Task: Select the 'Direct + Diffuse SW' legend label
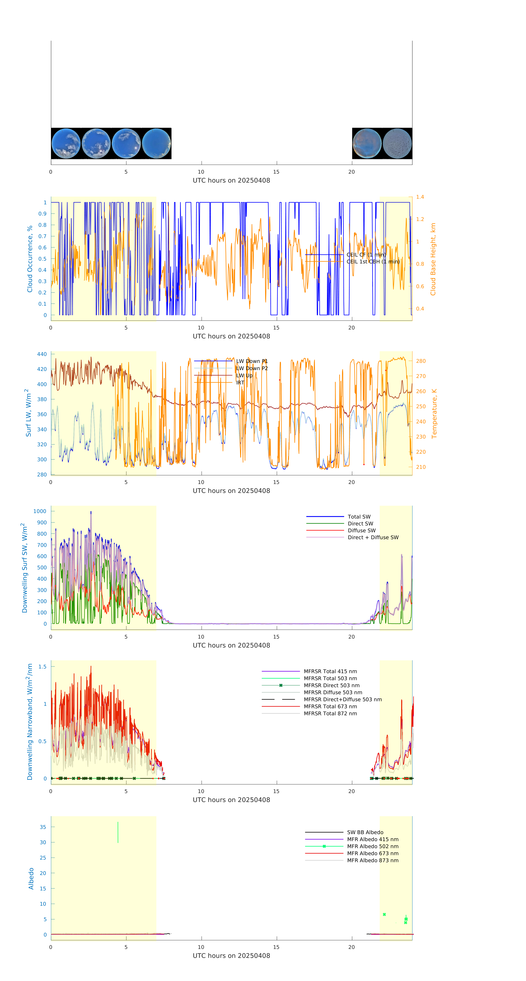click(373, 537)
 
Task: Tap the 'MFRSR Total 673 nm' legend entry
click(330, 706)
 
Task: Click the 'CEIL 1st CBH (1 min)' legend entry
click(373, 262)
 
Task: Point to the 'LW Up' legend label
click(244, 375)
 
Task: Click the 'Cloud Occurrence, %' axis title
click(30, 259)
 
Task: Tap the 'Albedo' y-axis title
click(31, 879)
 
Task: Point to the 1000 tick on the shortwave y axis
click(40, 511)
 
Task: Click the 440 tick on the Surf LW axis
click(42, 354)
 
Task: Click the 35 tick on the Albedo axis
click(43, 827)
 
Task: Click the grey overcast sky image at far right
click(397, 144)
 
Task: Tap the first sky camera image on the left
click(66, 144)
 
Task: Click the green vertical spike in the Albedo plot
click(118, 832)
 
